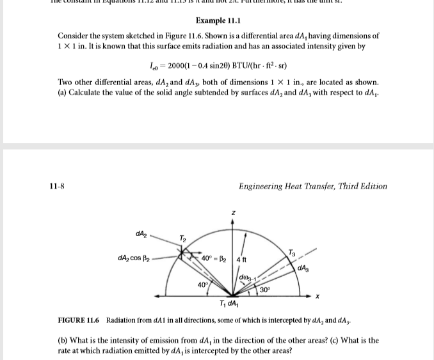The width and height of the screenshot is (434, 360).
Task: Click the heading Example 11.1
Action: (216, 20)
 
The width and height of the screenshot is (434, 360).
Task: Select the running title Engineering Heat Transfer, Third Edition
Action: (312, 186)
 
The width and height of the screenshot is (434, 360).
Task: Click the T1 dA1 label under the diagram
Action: (229, 304)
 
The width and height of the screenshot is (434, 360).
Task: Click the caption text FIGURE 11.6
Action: (79, 319)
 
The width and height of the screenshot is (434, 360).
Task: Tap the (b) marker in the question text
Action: (63, 340)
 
